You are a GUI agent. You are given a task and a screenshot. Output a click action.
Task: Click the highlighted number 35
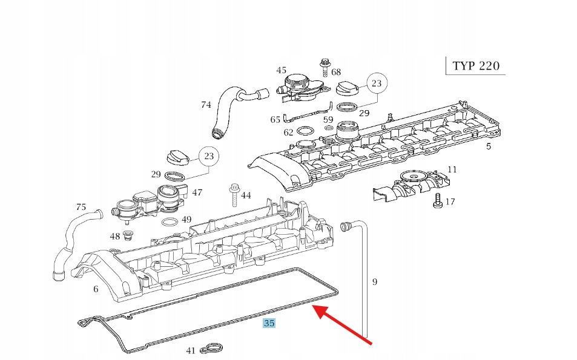(x=269, y=323)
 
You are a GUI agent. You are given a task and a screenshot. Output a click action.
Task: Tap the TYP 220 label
(x=476, y=65)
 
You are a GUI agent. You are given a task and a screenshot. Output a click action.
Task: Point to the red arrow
(x=342, y=326)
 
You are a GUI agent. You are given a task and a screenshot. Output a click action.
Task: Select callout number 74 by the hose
(x=206, y=105)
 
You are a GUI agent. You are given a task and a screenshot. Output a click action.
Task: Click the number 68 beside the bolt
(x=336, y=73)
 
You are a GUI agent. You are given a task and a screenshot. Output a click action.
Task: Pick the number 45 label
(x=282, y=70)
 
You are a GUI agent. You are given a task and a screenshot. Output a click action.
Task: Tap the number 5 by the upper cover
(x=488, y=146)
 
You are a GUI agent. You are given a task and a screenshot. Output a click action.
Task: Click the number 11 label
(x=452, y=169)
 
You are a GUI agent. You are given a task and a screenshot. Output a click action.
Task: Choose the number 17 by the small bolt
(x=450, y=202)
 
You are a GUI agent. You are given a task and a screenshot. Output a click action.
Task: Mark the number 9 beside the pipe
(x=374, y=281)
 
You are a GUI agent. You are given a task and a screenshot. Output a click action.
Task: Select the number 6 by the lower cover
(x=96, y=289)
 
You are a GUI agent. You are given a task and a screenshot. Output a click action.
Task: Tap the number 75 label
(x=81, y=207)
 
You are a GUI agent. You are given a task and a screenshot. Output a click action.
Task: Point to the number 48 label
(x=115, y=236)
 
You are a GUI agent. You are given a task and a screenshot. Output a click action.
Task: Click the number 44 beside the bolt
(x=246, y=195)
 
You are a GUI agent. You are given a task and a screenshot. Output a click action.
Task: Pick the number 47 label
(x=197, y=192)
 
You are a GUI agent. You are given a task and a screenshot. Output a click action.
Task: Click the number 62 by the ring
(x=288, y=133)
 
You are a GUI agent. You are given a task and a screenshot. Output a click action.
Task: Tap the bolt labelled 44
(x=232, y=196)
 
